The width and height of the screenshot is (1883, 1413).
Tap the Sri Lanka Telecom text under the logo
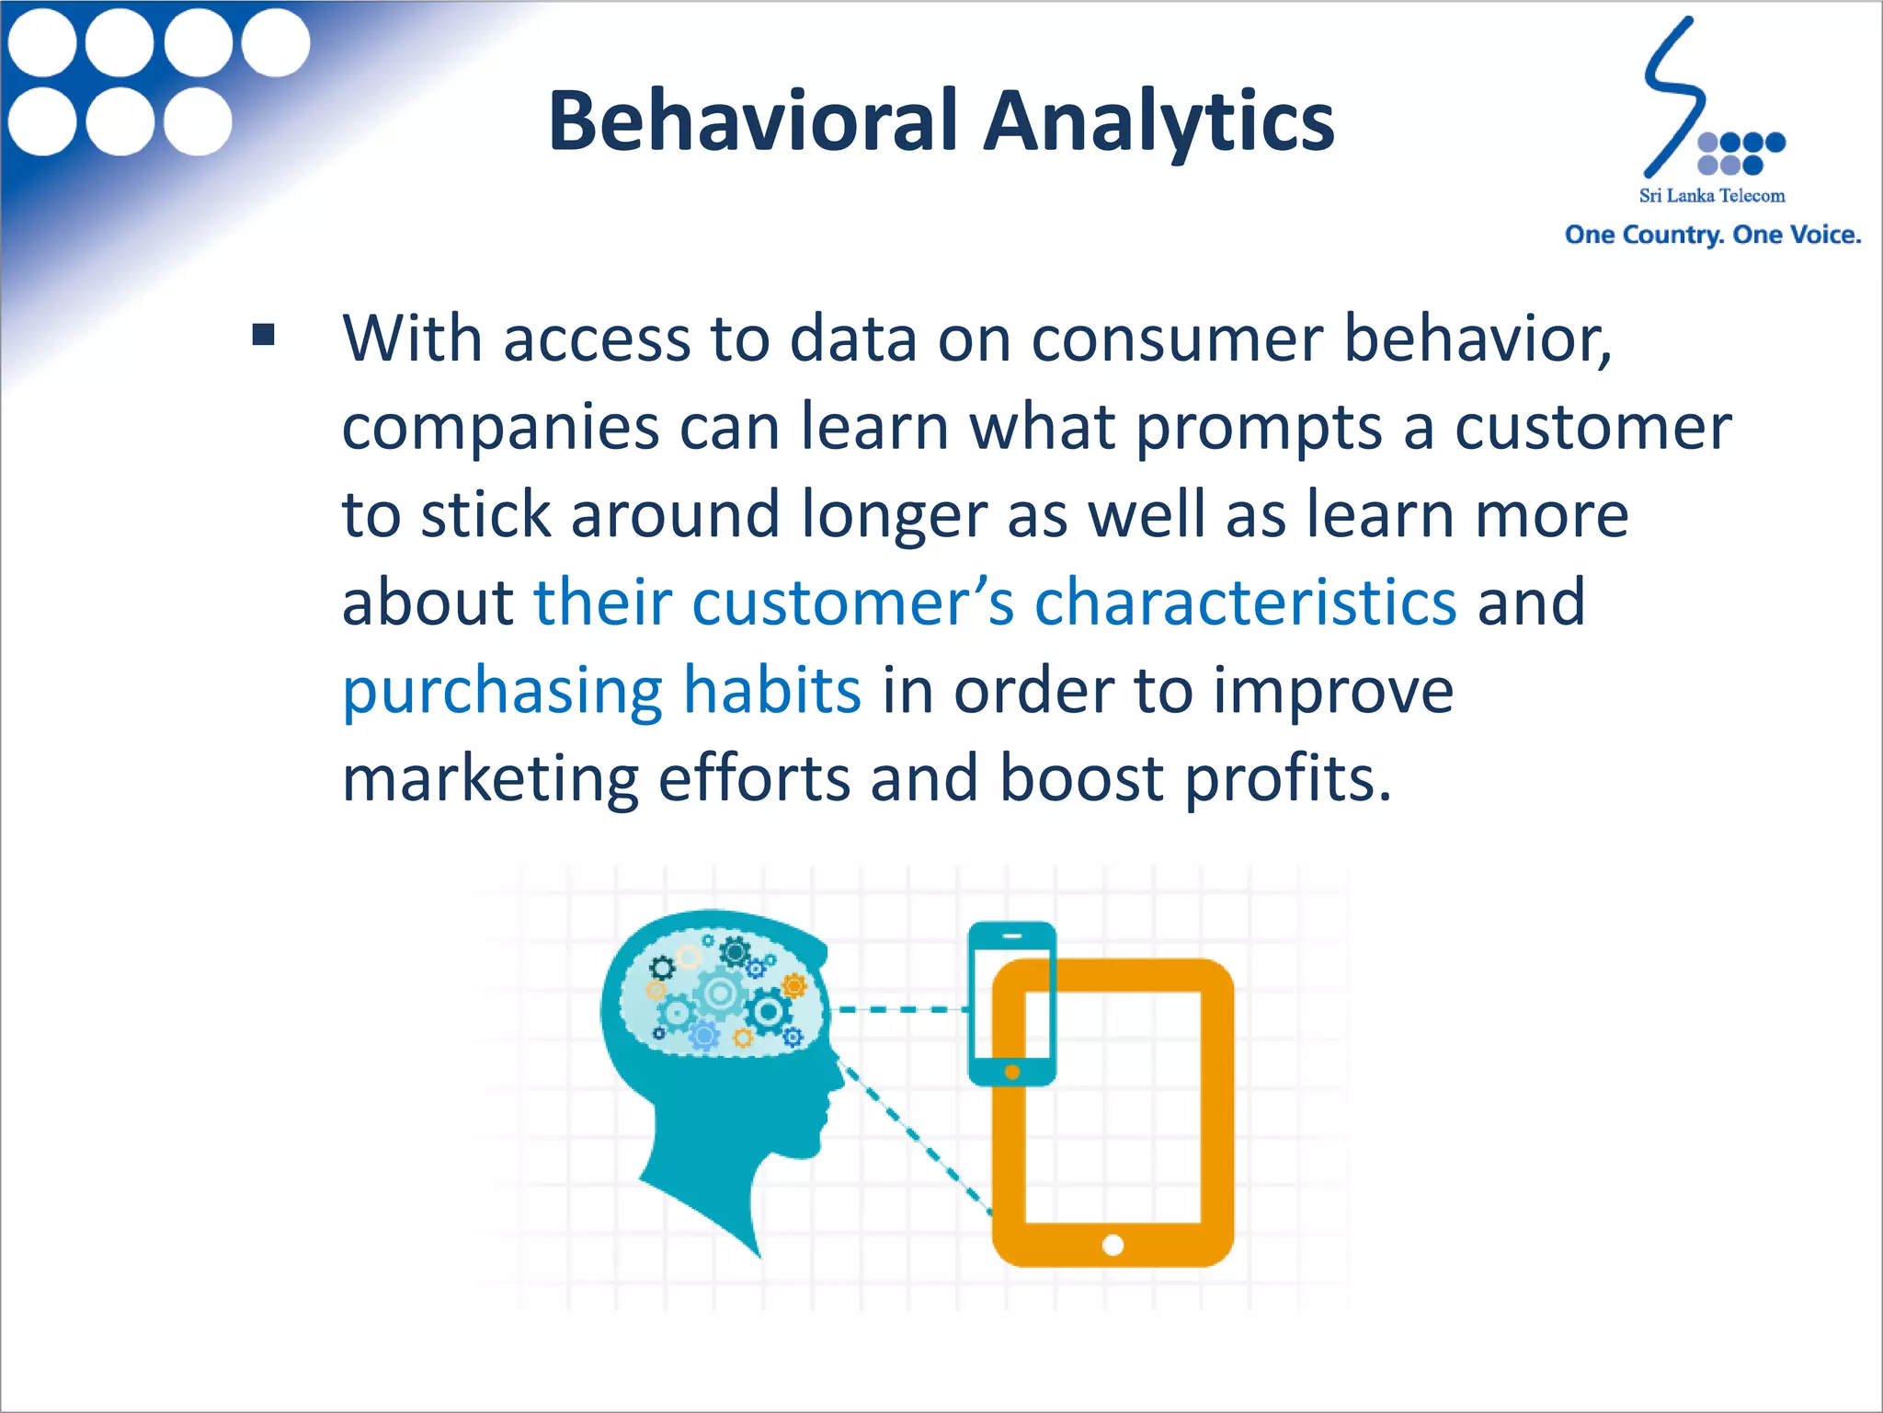pos(1712,196)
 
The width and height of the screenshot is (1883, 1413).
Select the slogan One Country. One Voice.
pos(1712,235)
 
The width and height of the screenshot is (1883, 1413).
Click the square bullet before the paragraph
pos(264,335)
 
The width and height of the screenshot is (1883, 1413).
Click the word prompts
pos(1258,429)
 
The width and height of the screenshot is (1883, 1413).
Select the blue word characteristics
pos(1245,603)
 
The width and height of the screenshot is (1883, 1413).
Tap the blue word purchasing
pos(502,692)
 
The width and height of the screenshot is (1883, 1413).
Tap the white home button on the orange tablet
pos(1113,1246)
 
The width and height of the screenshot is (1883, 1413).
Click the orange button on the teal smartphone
pos(1012,1072)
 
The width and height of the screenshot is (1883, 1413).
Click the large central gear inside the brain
pos(719,994)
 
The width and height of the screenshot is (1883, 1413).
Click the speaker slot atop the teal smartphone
pos(1012,936)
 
